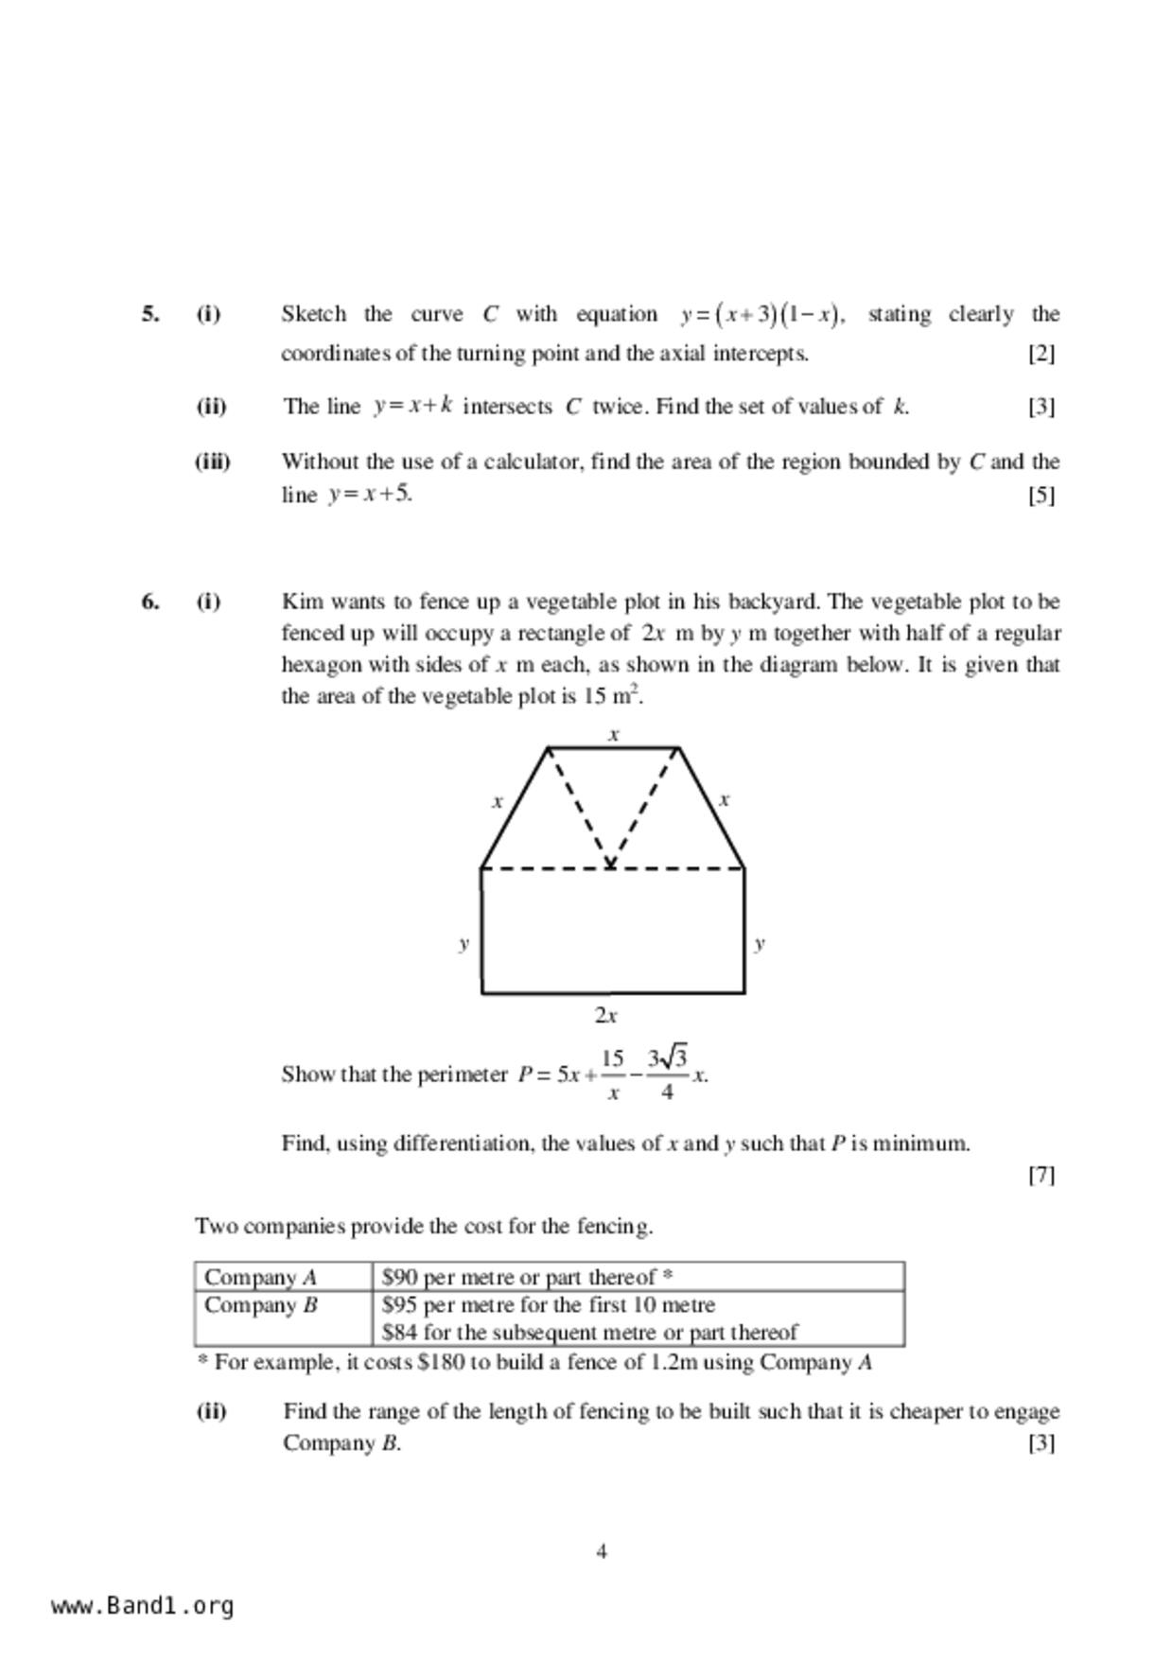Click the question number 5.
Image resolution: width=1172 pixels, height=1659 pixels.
coord(149,314)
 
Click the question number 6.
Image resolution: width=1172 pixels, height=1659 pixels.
coord(149,602)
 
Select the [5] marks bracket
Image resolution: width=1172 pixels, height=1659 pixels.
coord(1041,495)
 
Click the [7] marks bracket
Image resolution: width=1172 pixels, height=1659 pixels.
coord(1041,1175)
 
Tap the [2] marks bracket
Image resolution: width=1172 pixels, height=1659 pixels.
coord(1041,354)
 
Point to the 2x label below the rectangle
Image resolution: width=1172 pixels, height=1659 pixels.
coord(605,1016)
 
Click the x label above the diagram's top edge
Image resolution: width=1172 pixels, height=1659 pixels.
coord(614,734)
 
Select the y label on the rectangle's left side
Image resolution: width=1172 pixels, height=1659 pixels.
coord(464,943)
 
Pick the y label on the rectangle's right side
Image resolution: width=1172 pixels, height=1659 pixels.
coord(760,943)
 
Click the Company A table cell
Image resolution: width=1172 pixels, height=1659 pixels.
coord(282,1277)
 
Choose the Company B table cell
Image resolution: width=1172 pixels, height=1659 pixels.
coord(282,1318)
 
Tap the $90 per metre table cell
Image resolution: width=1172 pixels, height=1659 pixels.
coord(638,1277)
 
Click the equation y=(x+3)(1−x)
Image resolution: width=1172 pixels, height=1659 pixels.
coord(761,314)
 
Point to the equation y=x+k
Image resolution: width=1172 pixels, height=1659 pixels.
coord(413,407)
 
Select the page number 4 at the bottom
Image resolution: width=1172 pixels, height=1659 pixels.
coord(602,1551)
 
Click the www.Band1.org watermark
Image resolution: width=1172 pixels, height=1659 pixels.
coord(142,1606)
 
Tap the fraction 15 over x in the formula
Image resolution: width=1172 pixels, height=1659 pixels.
coord(613,1074)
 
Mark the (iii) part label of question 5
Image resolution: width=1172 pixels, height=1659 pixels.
coord(213,462)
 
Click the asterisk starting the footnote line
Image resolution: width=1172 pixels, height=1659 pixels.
coord(202,1363)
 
